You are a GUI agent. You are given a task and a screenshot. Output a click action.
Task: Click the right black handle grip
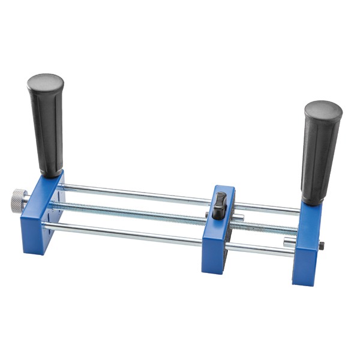[320, 156]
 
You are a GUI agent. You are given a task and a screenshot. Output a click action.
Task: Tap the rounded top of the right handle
[323, 109]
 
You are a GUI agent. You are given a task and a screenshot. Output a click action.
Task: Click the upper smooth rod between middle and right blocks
[270, 208]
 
